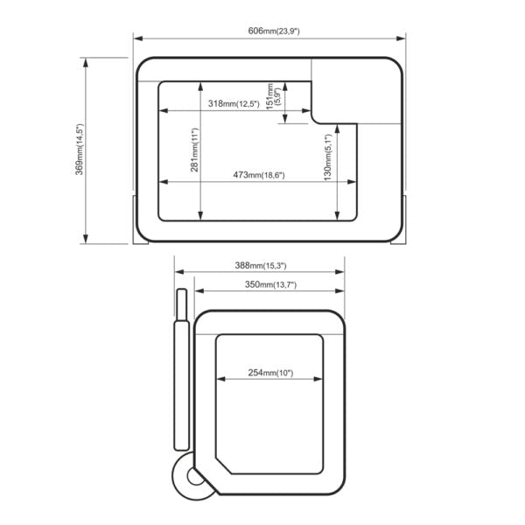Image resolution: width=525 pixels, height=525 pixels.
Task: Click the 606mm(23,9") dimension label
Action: (274, 31)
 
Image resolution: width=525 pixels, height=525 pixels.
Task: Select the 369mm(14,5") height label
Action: (79, 150)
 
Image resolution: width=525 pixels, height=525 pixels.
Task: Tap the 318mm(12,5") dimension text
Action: (234, 104)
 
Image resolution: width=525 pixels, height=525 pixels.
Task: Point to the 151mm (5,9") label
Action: (272, 96)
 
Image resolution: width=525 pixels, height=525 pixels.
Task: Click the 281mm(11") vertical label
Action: (194, 150)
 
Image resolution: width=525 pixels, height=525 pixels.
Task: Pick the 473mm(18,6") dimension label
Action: (259, 175)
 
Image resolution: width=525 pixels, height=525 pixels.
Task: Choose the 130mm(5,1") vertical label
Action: (328, 157)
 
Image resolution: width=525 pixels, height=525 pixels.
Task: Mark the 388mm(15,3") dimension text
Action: (261, 266)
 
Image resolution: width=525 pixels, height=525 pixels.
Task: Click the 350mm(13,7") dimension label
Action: (270, 285)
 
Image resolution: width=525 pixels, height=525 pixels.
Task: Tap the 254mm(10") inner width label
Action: (270, 373)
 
